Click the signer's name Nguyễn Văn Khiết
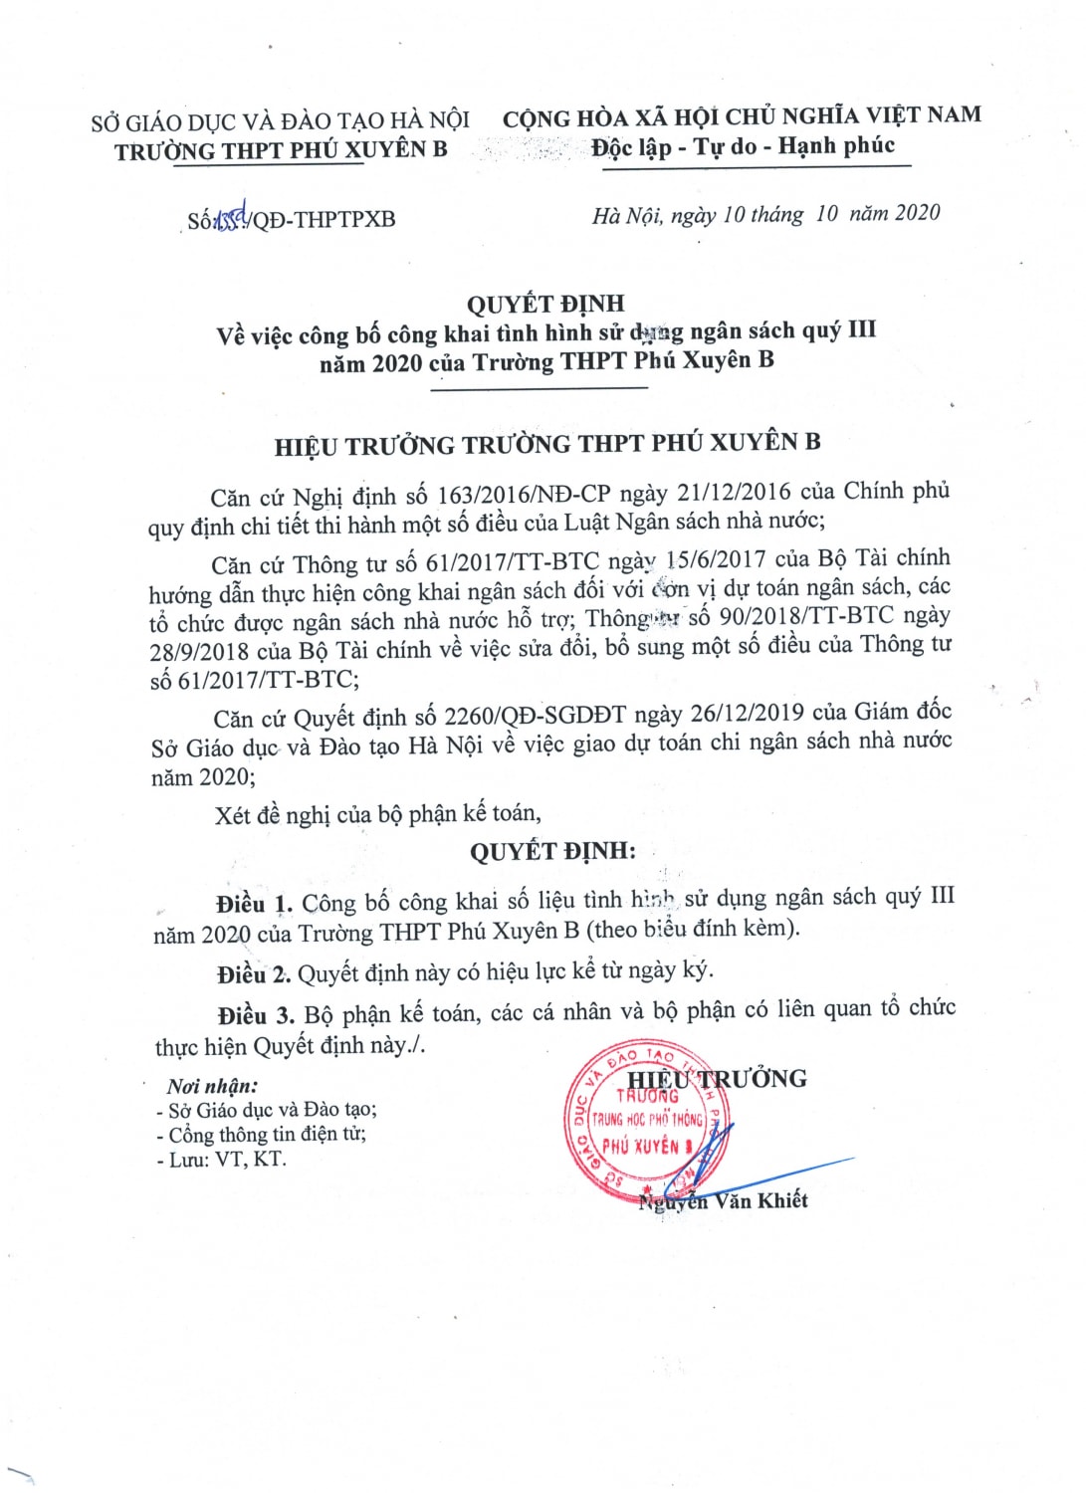(x=724, y=1200)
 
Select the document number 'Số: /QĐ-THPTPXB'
(x=292, y=219)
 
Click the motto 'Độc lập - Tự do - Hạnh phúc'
(x=743, y=147)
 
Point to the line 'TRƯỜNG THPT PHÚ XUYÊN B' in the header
(x=281, y=151)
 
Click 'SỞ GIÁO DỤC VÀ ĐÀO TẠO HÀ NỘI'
(x=281, y=122)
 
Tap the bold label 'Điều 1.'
(x=254, y=904)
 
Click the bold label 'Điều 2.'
(x=254, y=973)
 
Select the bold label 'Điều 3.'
(x=256, y=1015)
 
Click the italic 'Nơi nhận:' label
(x=212, y=1086)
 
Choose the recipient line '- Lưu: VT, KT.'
(x=221, y=1159)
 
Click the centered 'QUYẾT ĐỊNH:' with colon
(x=552, y=851)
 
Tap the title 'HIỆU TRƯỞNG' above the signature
(x=717, y=1079)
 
